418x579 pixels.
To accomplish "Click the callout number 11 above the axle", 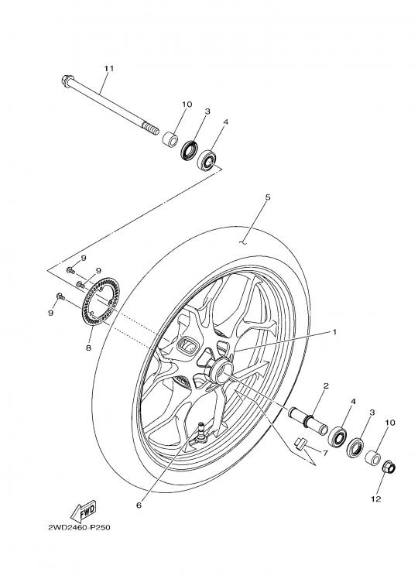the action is [108, 68].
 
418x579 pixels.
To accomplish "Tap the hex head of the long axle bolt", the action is [67, 81].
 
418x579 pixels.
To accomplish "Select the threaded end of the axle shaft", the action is [151, 128].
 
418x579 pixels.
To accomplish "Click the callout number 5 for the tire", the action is [268, 197].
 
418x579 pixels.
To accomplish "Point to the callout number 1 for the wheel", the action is [334, 332].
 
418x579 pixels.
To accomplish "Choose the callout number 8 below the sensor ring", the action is [88, 348].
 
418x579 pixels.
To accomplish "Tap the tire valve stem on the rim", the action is [202, 431].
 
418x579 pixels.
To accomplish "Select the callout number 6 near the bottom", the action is [139, 505].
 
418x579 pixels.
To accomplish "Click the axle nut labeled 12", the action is [389, 468].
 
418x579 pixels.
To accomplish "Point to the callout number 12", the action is [375, 498].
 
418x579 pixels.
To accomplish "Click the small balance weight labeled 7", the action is [300, 442].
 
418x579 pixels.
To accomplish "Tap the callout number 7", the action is [325, 453].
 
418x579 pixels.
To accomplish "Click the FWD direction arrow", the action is [84, 512].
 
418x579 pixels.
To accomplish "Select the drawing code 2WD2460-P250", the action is [79, 527].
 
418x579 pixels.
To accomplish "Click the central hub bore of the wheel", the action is [222, 373].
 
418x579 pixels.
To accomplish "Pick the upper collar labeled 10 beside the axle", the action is [170, 139].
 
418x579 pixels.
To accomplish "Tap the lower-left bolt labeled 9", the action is [60, 296].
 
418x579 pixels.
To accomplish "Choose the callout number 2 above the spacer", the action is [326, 386].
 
